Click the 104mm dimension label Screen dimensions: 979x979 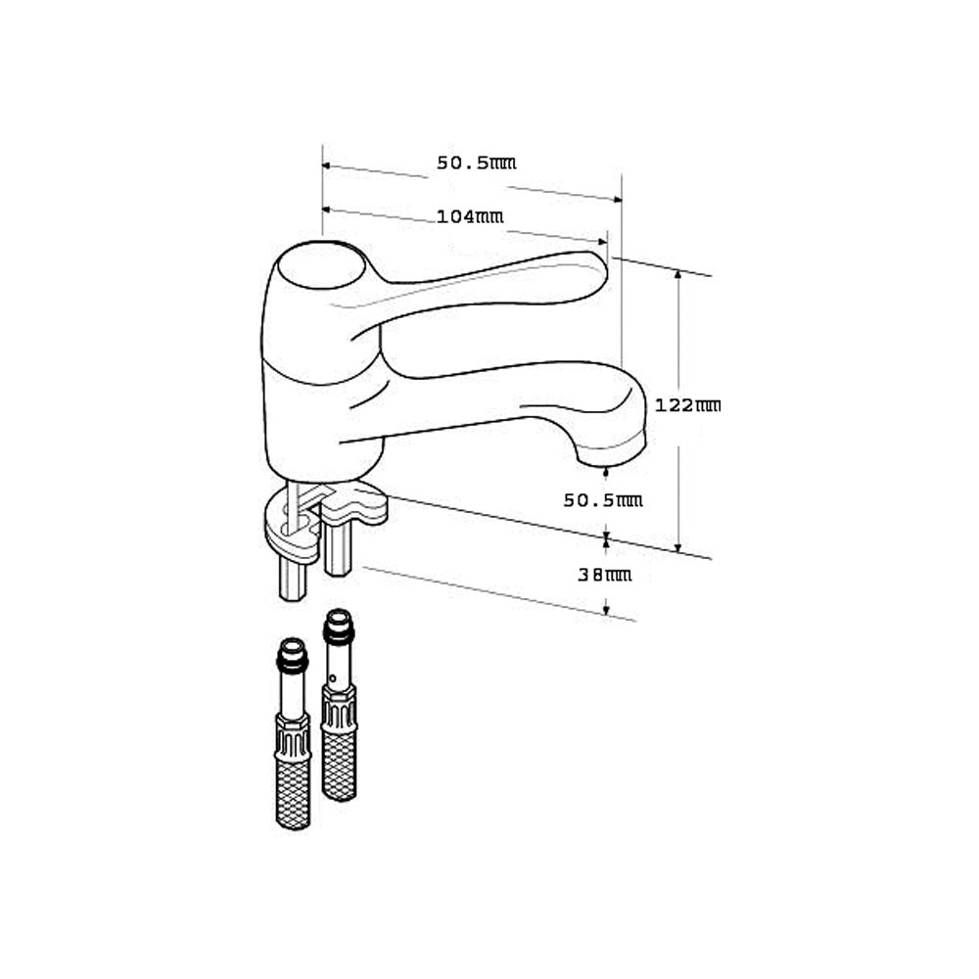(470, 216)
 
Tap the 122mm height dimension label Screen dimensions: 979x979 (687, 405)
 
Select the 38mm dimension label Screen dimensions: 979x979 (604, 575)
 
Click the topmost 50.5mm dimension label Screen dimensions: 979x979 (476, 163)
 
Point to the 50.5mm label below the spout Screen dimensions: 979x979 (602, 500)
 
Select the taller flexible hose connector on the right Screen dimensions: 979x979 (340, 705)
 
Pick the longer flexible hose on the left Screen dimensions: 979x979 (293, 733)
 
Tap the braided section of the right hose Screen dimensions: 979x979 (340, 766)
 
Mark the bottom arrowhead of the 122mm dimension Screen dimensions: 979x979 (678, 548)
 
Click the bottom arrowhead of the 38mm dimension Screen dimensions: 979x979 (606, 610)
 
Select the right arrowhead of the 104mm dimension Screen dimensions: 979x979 (602, 242)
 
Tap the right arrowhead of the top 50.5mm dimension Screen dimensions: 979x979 (618, 199)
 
